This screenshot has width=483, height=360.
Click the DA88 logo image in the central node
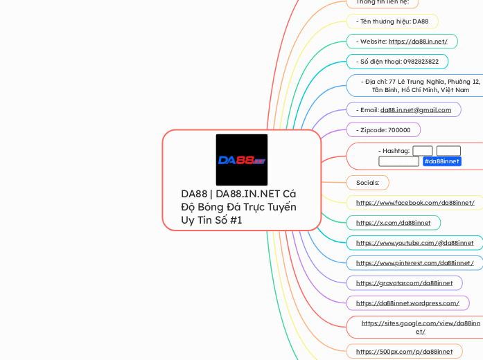coord(242,160)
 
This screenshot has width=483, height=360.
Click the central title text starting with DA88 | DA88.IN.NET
coord(238,206)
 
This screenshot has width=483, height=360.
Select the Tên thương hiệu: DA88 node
coord(392,21)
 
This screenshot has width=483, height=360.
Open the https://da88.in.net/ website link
coord(418,42)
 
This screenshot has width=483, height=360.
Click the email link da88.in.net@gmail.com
coord(416,109)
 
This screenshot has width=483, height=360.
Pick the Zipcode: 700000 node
coord(383,129)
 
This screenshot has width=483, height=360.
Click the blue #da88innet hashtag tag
coord(441,161)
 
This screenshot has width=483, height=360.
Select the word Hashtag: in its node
coord(394,151)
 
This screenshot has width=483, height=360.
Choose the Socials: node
coord(367,183)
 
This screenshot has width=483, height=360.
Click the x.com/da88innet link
coord(393,223)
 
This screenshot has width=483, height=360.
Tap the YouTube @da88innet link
coord(414,243)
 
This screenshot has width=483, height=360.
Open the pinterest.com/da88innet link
coord(414,263)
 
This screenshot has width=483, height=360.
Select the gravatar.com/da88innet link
coord(404,283)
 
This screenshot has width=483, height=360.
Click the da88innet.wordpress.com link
coord(407,303)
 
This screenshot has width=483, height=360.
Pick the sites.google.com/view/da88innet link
coord(421,327)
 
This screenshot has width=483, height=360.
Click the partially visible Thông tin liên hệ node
coord(383,3)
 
